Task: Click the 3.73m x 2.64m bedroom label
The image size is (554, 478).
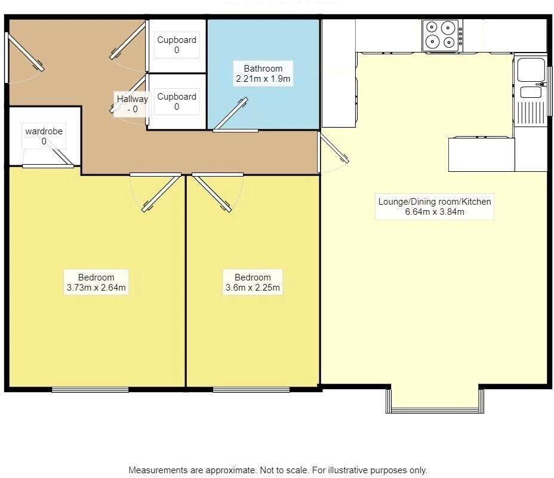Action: coord(96,282)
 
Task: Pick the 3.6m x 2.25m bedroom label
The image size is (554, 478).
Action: coord(253,282)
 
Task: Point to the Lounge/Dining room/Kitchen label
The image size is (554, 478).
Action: coord(434,206)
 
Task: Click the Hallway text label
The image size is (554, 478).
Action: coord(132,103)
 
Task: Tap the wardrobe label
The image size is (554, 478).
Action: coord(44,136)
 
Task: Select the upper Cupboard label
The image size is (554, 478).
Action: coord(177,45)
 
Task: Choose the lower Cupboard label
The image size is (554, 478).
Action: coord(177,101)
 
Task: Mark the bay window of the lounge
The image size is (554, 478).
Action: coord(434,409)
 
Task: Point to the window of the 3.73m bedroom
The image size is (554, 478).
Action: coord(90,390)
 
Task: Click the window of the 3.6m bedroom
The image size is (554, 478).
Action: coord(251,390)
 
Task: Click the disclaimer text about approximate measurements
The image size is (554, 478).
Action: coord(278,470)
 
